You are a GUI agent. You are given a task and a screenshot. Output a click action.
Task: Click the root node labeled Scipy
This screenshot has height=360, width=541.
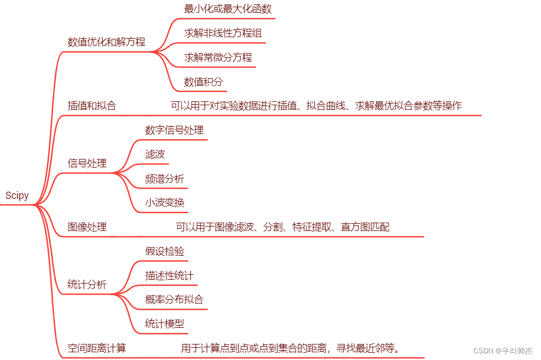point(17,196)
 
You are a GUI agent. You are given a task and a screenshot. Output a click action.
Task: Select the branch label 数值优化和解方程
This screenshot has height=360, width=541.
point(106,42)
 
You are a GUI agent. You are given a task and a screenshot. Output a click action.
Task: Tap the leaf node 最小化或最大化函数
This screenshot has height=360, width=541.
point(227,9)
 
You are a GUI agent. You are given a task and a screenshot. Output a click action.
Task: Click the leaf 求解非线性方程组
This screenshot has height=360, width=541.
point(223,33)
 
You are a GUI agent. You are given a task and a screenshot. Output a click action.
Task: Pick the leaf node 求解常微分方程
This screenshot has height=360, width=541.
point(218,58)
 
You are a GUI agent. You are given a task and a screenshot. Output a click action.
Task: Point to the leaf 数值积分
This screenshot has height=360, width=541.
point(203,83)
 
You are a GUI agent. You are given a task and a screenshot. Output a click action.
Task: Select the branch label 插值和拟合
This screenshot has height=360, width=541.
point(92,106)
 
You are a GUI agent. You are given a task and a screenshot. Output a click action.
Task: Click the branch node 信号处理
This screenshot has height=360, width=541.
point(87,163)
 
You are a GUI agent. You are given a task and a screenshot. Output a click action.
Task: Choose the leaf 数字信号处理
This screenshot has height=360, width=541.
point(174,130)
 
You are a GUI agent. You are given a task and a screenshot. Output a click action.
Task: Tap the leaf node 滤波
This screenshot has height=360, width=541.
point(155,155)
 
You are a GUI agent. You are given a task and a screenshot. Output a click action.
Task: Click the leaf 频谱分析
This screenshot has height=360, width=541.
point(165,179)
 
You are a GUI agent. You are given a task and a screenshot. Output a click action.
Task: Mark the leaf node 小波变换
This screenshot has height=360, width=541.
point(165,203)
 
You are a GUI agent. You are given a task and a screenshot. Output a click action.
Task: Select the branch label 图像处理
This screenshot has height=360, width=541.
point(87,227)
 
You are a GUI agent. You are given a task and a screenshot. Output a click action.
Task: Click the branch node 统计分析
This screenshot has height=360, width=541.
point(87,285)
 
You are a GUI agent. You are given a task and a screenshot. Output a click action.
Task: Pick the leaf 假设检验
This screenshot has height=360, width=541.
point(165,251)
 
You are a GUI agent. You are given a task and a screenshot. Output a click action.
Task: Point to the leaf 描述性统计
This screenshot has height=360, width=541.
point(170,275)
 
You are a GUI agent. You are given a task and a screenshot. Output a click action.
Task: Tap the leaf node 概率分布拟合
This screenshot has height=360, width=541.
point(174,300)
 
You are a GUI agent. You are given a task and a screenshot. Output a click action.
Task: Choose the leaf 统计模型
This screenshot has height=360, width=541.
point(165,324)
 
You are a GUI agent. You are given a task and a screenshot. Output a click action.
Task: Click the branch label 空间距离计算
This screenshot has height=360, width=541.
point(97,348)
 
